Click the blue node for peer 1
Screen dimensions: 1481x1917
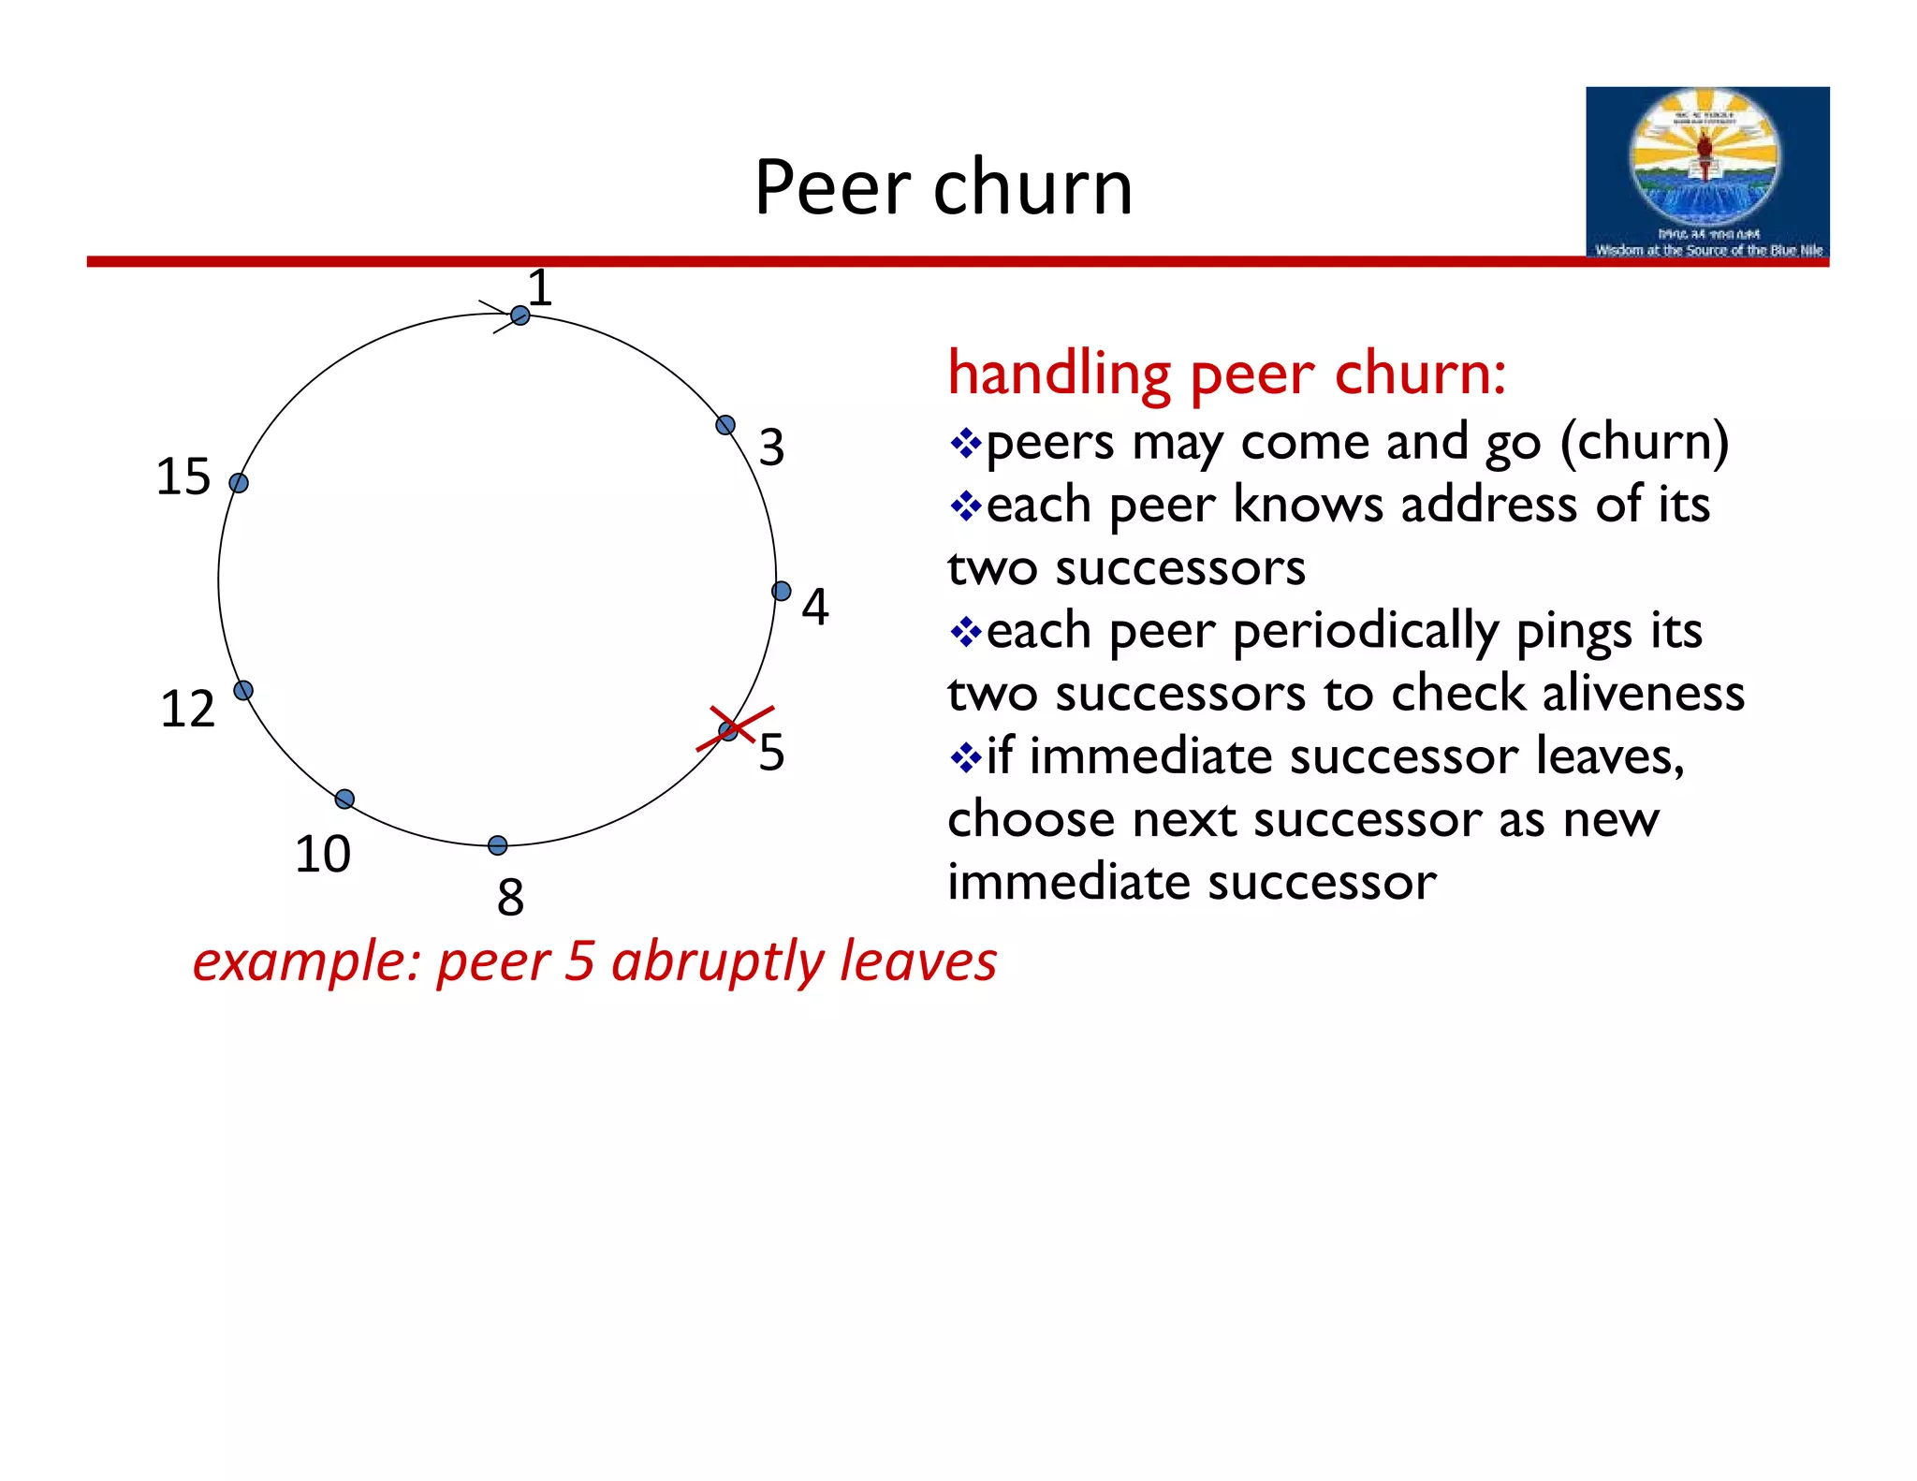(x=520, y=316)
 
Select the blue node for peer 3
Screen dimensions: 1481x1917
(x=725, y=425)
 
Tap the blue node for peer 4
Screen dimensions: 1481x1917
(x=782, y=591)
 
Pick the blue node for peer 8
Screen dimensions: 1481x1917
(x=498, y=845)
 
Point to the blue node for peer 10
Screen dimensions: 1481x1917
(x=344, y=799)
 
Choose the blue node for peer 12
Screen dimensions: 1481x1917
(x=243, y=690)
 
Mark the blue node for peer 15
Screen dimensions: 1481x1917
(x=239, y=483)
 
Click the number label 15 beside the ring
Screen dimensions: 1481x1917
(x=183, y=477)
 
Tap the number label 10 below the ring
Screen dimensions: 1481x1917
(x=323, y=854)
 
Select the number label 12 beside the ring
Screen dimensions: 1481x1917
(x=187, y=709)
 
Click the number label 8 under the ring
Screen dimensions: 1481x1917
(x=510, y=897)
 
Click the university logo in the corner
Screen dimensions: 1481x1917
(x=1706, y=171)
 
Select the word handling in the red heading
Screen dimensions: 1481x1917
(x=1059, y=374)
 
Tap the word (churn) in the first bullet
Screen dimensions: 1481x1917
(x=1645, y=442)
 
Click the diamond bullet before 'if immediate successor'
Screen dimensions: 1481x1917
(x=964, y=756)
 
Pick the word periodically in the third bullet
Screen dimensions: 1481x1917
(x=1366, y=632)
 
